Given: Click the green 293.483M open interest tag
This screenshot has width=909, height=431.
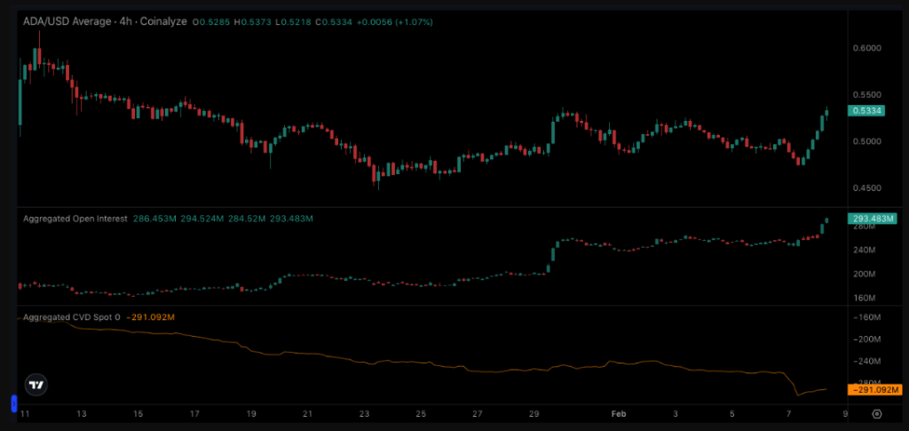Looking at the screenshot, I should [874, 219].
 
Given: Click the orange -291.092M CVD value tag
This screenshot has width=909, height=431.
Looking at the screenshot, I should [874, 390].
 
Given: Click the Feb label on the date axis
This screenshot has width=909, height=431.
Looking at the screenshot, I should [619, 414].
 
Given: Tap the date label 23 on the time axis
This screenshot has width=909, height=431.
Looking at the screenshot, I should [365, 414].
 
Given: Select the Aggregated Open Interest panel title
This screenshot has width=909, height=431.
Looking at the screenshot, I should [75, 218].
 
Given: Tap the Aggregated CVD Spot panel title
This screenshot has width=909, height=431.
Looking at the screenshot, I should [69, 316].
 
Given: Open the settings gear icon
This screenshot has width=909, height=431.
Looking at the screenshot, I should [877, 414].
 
